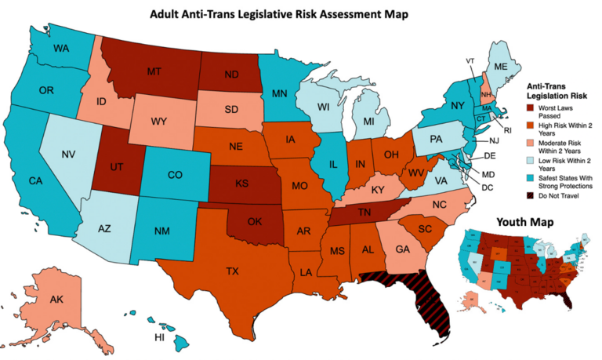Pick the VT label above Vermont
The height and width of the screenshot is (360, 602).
pos(470,61)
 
